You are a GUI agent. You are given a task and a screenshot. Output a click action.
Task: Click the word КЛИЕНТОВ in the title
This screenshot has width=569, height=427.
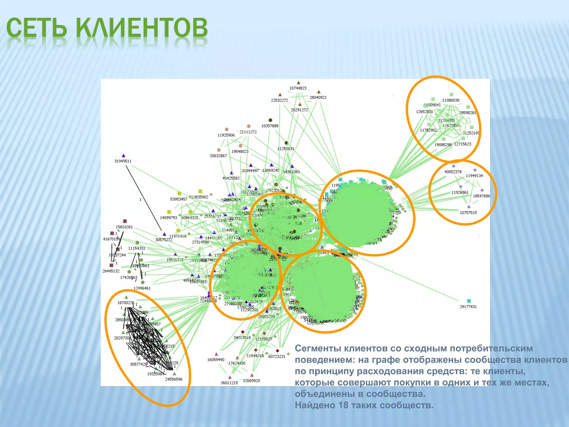142,28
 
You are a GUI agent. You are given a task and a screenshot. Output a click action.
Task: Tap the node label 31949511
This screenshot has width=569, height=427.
123,161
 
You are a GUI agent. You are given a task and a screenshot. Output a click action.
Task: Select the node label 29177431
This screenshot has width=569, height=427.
468,307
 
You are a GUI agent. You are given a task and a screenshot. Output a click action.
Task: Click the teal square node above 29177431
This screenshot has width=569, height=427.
469,301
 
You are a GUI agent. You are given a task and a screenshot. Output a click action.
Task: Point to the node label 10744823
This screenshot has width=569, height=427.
298,88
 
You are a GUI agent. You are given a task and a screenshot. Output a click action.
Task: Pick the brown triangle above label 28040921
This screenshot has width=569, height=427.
319,92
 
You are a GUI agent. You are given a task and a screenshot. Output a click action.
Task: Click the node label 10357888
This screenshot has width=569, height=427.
270,126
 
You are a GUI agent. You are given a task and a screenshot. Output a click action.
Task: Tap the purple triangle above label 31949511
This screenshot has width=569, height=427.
124,156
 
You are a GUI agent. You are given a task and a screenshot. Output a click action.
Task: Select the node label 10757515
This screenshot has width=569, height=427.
468,213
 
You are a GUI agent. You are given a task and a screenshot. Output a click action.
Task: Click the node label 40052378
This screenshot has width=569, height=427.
453,172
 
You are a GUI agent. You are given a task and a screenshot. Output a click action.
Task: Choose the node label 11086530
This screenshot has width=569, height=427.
451,100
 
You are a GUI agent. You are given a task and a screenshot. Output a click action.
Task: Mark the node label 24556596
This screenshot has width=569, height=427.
174,379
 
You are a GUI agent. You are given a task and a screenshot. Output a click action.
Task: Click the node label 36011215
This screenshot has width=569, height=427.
229,383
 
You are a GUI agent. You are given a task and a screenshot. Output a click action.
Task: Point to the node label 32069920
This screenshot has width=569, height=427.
251,381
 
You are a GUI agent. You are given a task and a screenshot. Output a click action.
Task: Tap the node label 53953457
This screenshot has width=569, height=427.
179,199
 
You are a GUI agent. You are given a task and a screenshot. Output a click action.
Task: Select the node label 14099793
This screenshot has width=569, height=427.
168,218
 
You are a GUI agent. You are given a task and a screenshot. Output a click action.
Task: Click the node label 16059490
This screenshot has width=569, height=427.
216,360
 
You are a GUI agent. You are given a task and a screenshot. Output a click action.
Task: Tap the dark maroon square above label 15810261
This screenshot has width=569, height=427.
125,221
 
